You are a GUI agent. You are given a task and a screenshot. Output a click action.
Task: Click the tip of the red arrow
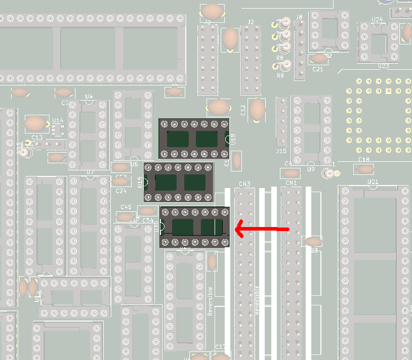[x=237, y=230]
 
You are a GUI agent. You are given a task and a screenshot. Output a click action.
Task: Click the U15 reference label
[x=140, y=182]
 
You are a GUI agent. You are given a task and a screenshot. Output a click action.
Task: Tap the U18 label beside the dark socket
[x=233, y=140]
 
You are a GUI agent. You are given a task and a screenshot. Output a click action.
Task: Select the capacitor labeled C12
[x=257, y=109]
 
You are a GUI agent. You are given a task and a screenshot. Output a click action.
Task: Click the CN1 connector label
[x=291, y=183]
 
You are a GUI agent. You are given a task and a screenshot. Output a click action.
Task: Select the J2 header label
[x=251, y=22]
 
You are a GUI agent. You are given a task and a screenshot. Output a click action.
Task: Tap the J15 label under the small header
[x=281, y=151]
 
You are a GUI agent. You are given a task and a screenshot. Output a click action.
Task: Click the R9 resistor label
[x=280, y=75]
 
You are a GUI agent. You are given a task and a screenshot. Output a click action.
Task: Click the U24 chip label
[x=377, y=20]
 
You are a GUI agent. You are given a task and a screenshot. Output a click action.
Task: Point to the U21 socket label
[x=373, y=182]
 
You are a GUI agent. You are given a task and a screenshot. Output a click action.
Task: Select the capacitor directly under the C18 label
[x=364, y=169]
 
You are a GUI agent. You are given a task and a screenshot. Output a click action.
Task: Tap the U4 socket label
[x=89, y=97]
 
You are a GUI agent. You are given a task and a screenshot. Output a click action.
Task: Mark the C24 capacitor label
[x=121, y=191]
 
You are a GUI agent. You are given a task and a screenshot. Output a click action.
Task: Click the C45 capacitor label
[x=126, y=207]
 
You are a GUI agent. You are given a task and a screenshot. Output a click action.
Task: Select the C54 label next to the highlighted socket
[x=148, y=220]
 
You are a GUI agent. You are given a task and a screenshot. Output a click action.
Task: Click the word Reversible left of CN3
[x=211, y=301]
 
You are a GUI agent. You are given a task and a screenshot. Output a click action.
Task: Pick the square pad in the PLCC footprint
[x=389, y=91]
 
